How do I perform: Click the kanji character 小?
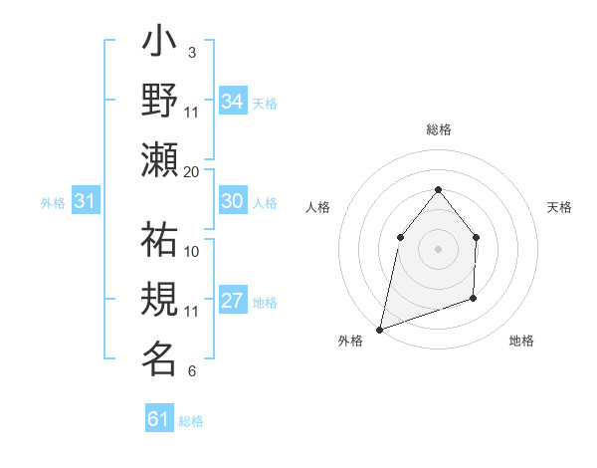pyautogui.click(x=159, y=44)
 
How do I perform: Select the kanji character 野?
pyautogui.click(x=159, y=101)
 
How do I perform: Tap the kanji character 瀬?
pyautogui.click(x=159, y=158)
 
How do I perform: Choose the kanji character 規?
pyautogui.click(x=159, y=300)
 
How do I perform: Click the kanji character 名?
pyautogui.click(x=159, y=358)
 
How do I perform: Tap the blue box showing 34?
pyautogui.click(x=232, y=101)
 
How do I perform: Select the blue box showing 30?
pyautogui.click(x=232, y=201)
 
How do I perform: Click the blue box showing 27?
pyautogui.click(x=232, y=301)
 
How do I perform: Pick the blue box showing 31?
pyautogui.click(x=85, y=202)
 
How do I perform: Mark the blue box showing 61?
pyautogui.click(x=158, y=419)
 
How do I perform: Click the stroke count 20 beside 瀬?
pyautogui.click(x=192, y=171)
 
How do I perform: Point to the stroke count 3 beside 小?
pyautogui.click(x=191, y=52)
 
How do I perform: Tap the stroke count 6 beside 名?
pyautogui.click(x=191, y=372)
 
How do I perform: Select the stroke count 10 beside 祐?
pyautogui.click(x=192, y=251)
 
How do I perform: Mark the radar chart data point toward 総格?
pyautogui.click(x=438, y=189)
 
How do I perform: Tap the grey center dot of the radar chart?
pyautogui.click(x=438, y=248)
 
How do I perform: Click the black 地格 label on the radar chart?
pyautogui.click(x=521, y=341)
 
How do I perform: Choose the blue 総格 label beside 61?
pyautogui.click(x=191, y=421)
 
